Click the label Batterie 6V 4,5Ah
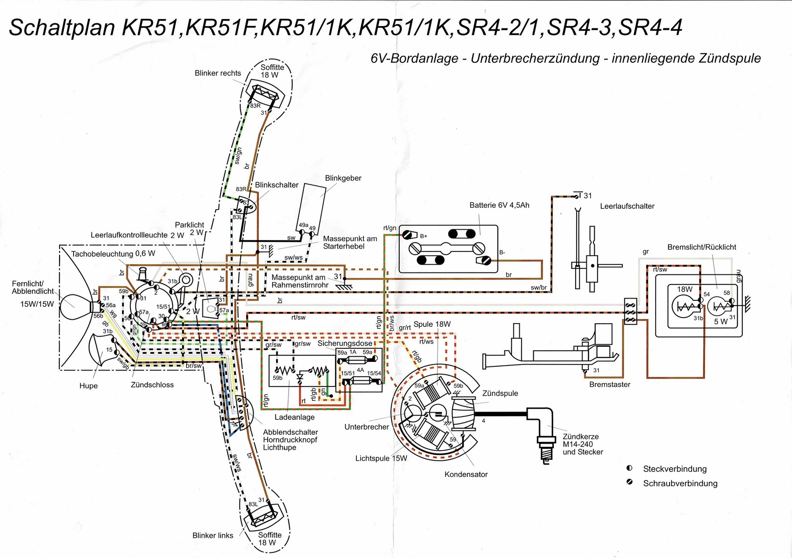click(499, 205)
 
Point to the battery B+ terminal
click(409, 235)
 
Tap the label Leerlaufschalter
click(627, 206)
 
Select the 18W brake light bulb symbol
click(685, 307)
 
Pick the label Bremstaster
click(610, 385)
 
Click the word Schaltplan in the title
click(62, 28)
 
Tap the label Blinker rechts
click(218, 73)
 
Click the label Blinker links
click(213, 535)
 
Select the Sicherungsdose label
click(345, 343)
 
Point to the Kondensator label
click(466, 474)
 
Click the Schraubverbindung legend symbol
click(630, 482)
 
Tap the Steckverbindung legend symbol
click(630, 468)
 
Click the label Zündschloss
click(152, 385)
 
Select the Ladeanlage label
click(295, 417)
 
